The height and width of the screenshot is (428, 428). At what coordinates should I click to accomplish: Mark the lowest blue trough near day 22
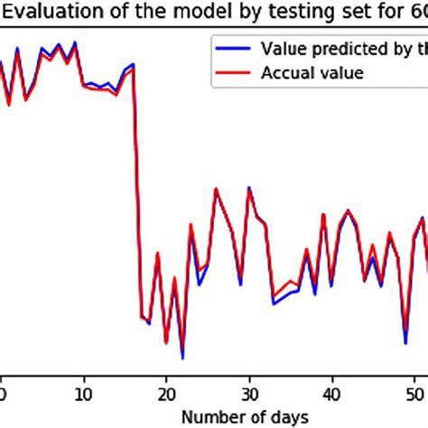[x=182, y=358]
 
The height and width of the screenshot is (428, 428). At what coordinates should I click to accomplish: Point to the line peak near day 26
[x=216, y=190]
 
